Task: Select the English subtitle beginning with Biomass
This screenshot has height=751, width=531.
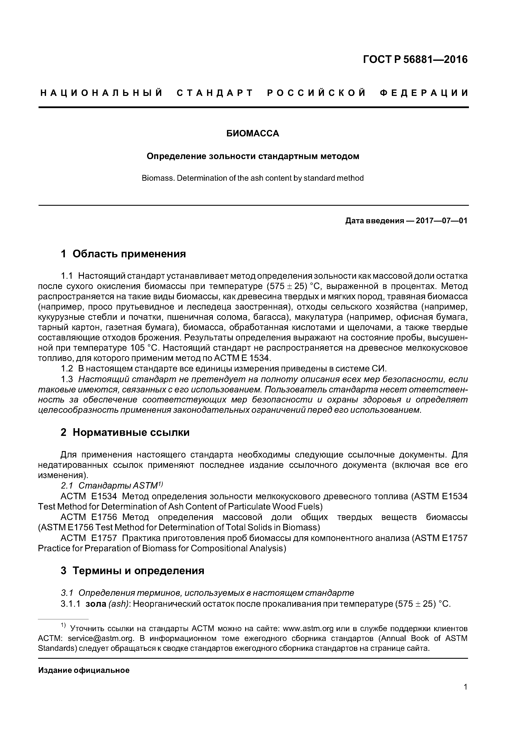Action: pos(253,178)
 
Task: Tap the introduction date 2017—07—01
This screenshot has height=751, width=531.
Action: pos(441,221)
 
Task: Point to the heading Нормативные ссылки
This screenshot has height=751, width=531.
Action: pos(131,432)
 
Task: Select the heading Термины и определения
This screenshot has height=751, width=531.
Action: pos(138,571)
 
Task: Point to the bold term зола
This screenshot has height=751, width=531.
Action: pos(95,604)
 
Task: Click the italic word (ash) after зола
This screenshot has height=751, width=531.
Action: pos(118,604)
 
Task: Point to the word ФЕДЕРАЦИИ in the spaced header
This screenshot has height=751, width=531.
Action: pos(424,93)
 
